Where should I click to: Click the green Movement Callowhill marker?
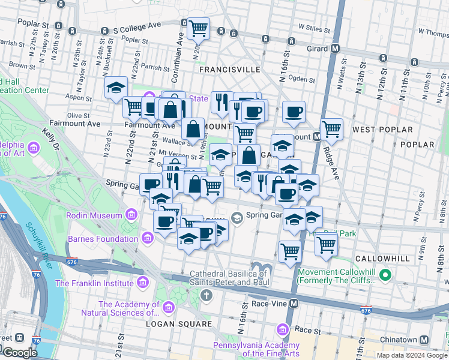[x=385, y=276]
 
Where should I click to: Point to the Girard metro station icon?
[x=336, y=49]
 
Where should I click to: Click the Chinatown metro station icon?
[x=424, y=340]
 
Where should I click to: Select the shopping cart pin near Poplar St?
[x=198, y=27]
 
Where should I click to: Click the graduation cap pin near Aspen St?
[x=115, y=88]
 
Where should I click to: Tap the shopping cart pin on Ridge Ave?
[x=331, y=128]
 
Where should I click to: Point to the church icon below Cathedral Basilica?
[x=206, y=295]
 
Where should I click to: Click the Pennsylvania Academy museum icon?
[x=283, y=330]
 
